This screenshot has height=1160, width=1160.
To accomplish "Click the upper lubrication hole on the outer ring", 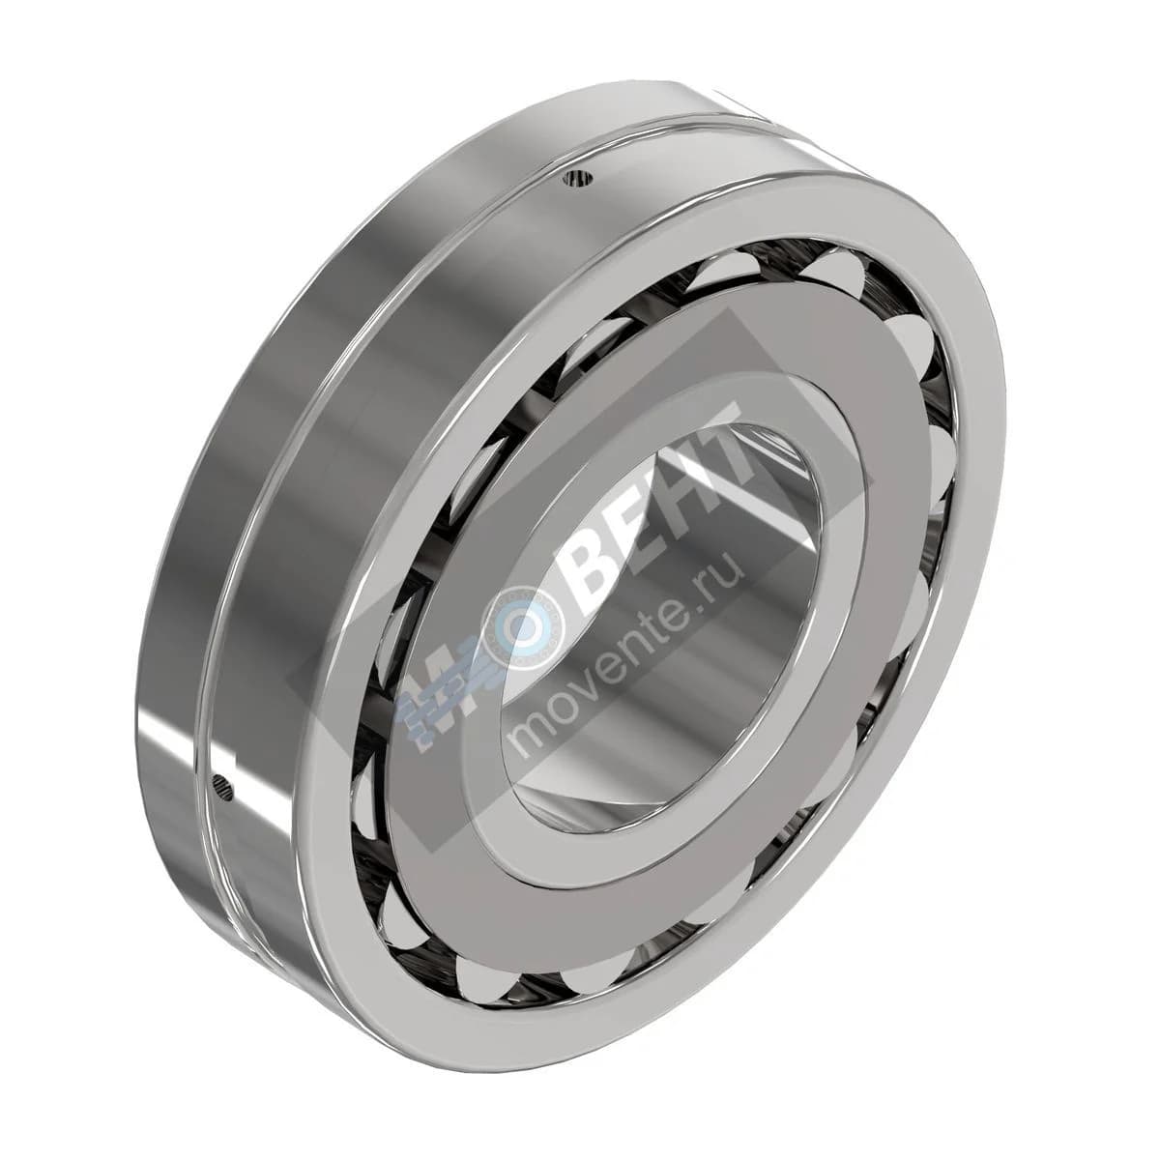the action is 577,178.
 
